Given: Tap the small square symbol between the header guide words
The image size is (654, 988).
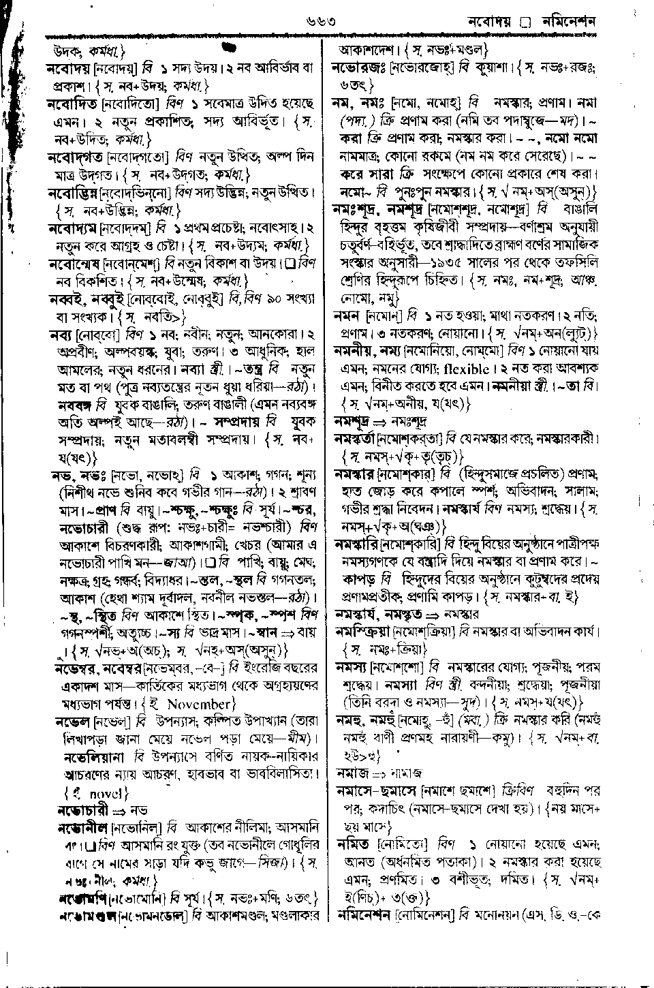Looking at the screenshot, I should coord(525,23).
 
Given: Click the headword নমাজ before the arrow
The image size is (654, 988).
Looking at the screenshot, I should coord(353,773).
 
